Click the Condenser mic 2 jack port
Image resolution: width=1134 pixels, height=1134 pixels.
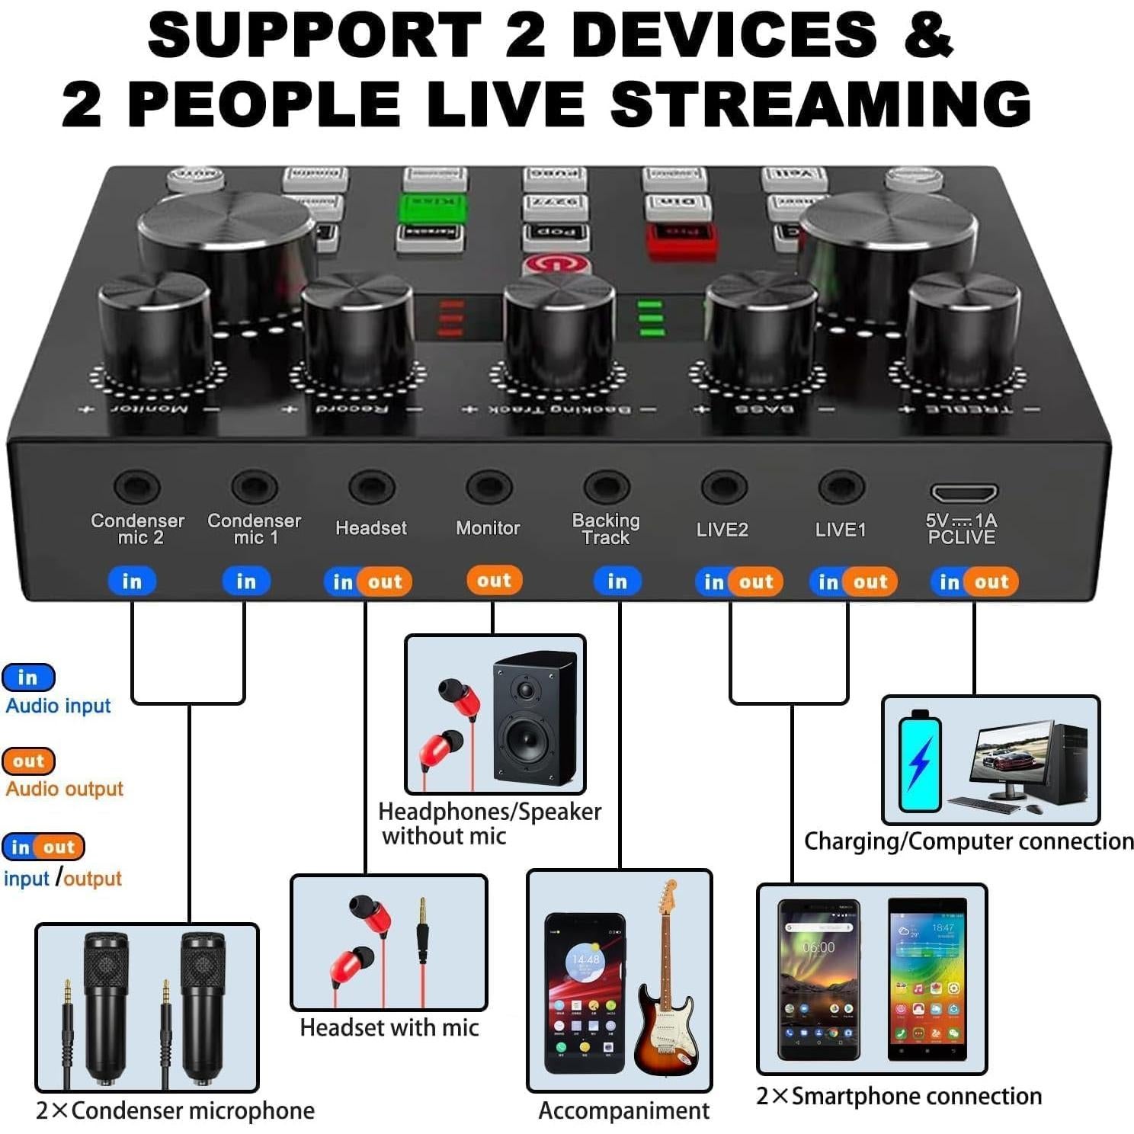point(137,486)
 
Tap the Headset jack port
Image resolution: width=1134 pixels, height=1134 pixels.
point(371,486)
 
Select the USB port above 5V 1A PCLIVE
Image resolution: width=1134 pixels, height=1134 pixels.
point(963,492)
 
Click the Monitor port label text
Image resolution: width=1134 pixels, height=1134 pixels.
point(488,528)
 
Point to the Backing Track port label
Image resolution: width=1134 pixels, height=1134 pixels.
point(606,529)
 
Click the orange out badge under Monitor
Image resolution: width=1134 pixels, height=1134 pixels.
point(494,580)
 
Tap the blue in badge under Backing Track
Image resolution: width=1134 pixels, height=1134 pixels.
point(617,581)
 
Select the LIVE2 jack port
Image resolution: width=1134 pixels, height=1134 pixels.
point(723,486)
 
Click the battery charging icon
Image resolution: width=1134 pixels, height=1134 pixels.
point(920,761)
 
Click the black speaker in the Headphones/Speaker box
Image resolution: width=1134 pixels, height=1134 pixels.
point(534,718)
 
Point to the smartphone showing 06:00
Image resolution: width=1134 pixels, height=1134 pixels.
point(818,980)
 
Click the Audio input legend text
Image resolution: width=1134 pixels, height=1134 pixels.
point(58,706)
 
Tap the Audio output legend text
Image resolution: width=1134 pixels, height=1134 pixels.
point(64,789)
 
